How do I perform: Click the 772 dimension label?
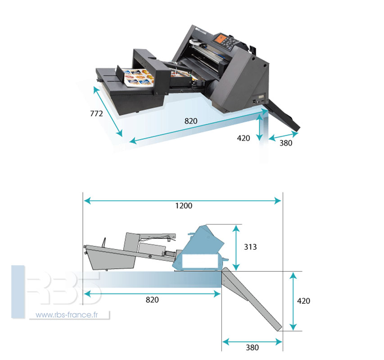(x=96, y=113)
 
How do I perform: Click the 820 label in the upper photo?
(x=191, y=121)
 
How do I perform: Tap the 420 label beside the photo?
(x=244, y=138)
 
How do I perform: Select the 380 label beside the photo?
(x=286, y=143)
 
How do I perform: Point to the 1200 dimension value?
(x=184, y=206)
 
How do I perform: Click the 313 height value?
(x=250, y=247)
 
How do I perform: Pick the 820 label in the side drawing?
(x=152, y=300)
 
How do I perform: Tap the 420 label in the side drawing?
(x=303, y=301)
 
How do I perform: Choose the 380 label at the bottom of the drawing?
(x=252, y=347)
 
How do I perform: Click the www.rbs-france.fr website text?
(x=67, y=315)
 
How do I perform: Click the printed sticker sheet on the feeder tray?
(x=138, y=78)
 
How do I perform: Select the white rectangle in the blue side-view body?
(x=199, y=261)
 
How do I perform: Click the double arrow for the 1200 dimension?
(x=182, y=201)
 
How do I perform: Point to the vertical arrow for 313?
(x=236, y=247)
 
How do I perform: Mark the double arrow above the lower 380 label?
(x=252, y=342)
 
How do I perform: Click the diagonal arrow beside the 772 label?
(x=108, y=111)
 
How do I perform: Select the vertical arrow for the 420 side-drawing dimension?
(x=293, y=301)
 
